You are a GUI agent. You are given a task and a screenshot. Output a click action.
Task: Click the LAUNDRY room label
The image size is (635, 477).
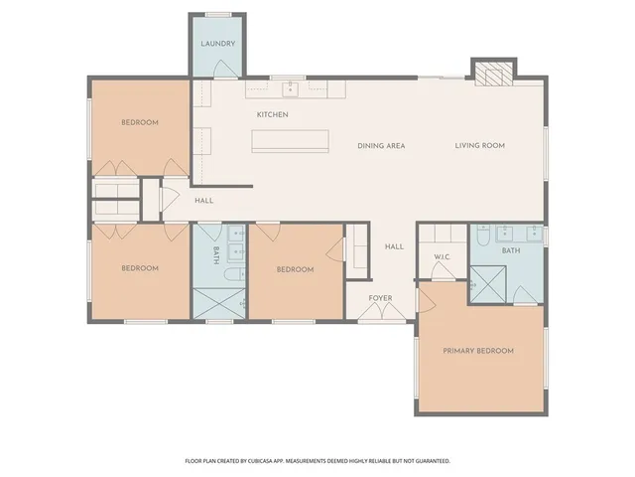click(217, 45)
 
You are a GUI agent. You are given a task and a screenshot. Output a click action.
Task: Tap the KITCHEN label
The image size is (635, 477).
click(272, 115)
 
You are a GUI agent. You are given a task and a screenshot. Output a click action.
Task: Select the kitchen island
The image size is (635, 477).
click(290, 140)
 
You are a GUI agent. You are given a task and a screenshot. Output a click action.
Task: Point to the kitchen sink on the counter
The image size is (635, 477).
click(291, 90)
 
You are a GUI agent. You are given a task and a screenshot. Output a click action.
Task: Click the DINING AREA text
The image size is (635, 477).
click(381, 146)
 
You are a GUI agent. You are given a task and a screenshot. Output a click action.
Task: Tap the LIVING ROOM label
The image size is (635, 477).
click(480, 146)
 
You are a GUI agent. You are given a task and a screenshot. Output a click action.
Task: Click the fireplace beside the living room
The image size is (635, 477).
click(492, 75)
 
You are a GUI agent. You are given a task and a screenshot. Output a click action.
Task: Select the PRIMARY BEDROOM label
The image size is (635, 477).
click(478, 351)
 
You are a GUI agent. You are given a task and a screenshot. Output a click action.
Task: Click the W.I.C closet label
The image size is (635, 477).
click(443, 258)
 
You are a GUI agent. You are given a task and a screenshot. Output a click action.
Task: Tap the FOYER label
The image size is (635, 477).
click(380, 297)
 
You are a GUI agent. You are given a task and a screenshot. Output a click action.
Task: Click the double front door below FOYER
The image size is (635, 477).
click(381, 315)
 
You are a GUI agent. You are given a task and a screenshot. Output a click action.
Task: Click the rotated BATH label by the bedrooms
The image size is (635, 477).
click(216, 255)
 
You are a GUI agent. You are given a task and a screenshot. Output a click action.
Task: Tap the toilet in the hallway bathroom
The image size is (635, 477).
click(230, 275)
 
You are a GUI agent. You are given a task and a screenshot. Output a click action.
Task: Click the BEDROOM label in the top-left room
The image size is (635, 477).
click(140, 123)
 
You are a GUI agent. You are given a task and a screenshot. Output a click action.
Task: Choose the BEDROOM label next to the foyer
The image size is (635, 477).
click(295, 269)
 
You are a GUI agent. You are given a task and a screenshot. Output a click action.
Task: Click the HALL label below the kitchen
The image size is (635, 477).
click(203, 201)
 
